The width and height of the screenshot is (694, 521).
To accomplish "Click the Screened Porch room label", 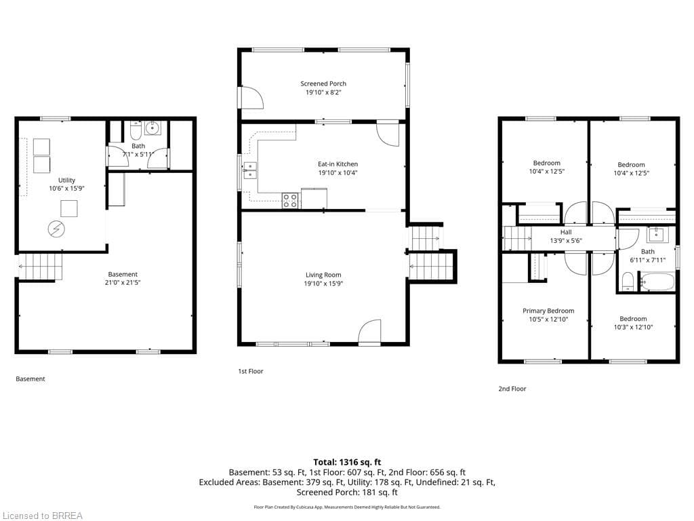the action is [323, 83].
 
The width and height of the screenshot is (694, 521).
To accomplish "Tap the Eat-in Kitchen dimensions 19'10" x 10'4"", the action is [338, 173].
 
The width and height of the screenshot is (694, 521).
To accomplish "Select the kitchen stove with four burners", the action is [290, 201].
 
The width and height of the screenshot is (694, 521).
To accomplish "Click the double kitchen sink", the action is [249, 170].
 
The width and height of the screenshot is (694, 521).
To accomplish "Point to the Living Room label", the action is [323, 275].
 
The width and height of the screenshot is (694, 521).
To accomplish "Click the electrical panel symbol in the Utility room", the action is [57, 229].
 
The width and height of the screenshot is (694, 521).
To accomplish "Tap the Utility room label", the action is [67, 180].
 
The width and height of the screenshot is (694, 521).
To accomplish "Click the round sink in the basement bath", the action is [152, 128].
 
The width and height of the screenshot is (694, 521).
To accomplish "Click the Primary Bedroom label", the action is [548, 311].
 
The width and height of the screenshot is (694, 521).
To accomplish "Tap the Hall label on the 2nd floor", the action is [566, 232].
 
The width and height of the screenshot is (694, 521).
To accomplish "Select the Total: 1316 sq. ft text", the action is [347, 462].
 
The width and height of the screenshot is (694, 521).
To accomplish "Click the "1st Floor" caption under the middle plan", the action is [251, 371].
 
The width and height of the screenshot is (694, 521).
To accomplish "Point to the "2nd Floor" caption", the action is [512, 389].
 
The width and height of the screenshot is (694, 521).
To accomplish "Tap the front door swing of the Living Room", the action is [369, 331].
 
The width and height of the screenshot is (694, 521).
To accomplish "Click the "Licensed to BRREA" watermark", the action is [43, 516].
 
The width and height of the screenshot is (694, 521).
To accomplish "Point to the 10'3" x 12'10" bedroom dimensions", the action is [633, 328].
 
